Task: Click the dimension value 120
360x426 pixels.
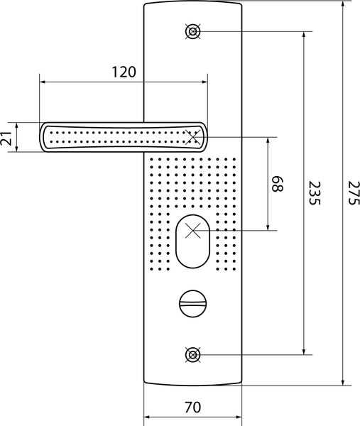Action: [124, 72]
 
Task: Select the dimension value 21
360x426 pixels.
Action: [6, 138]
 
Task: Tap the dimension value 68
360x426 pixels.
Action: [278, 184]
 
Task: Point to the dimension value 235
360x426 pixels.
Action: [315, 193]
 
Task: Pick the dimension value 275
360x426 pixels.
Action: [354, 193]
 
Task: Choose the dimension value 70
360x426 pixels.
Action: [193, 407]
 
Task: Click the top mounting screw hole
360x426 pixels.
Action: [193, 31]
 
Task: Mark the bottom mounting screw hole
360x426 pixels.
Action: [193, 355]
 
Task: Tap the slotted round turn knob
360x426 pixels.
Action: [193, 303]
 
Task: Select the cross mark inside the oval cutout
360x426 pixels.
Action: [192, 231]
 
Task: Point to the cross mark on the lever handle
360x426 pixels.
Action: [193, 137]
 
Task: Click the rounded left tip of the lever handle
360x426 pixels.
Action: [41, 137]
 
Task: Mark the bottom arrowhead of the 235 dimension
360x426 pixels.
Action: [304, 351]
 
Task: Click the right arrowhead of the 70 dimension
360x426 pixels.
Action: [238, 417]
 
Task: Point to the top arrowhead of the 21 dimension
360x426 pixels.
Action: [17, 126]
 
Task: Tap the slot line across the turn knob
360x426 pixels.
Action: [193, 303]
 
